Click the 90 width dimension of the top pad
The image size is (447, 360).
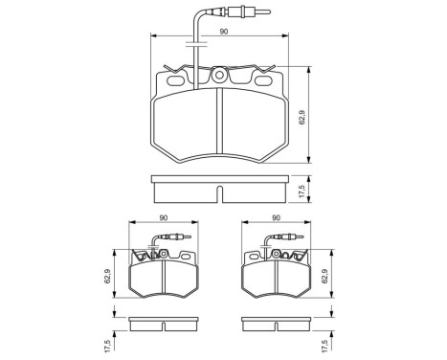[223, 32]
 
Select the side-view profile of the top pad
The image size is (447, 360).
[221, 190]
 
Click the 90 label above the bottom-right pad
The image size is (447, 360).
[277, 217]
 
